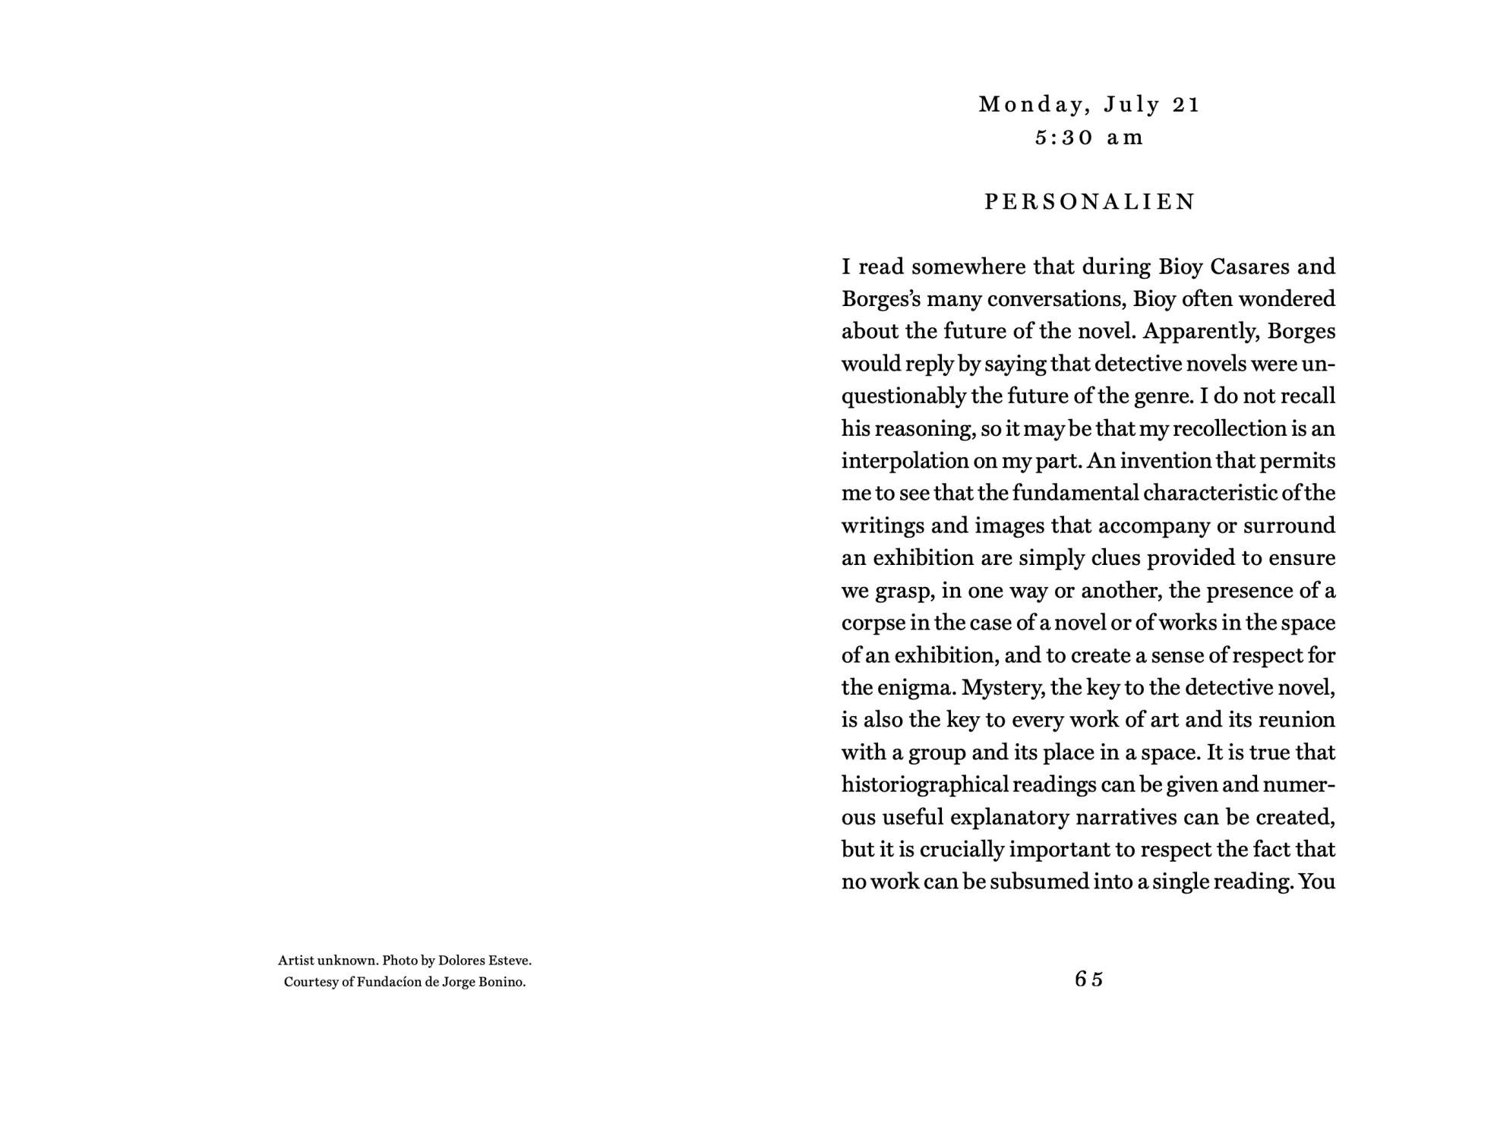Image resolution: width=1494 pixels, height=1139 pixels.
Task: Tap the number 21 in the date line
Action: [1185, 105]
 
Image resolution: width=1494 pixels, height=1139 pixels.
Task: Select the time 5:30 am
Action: [1088, 137]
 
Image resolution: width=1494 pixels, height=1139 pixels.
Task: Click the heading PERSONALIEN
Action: [1089, 202]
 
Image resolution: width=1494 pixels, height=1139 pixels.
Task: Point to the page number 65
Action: [1088, 980]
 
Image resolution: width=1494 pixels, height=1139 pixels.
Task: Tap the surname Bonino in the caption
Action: [501, 982]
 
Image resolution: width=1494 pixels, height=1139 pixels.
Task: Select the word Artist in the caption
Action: [295, 961]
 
